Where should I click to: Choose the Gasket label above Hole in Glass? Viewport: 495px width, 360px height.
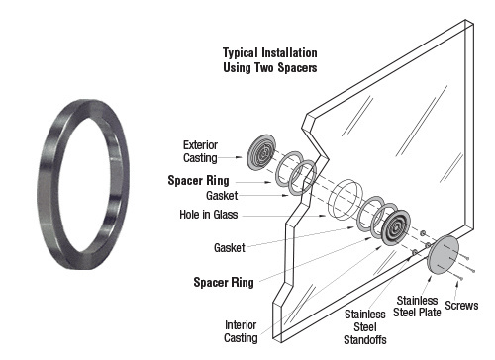tap(221, 196)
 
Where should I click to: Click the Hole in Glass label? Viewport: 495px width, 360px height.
tap(210, 215)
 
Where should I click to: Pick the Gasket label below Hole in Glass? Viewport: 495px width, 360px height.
tap(230, 247)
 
